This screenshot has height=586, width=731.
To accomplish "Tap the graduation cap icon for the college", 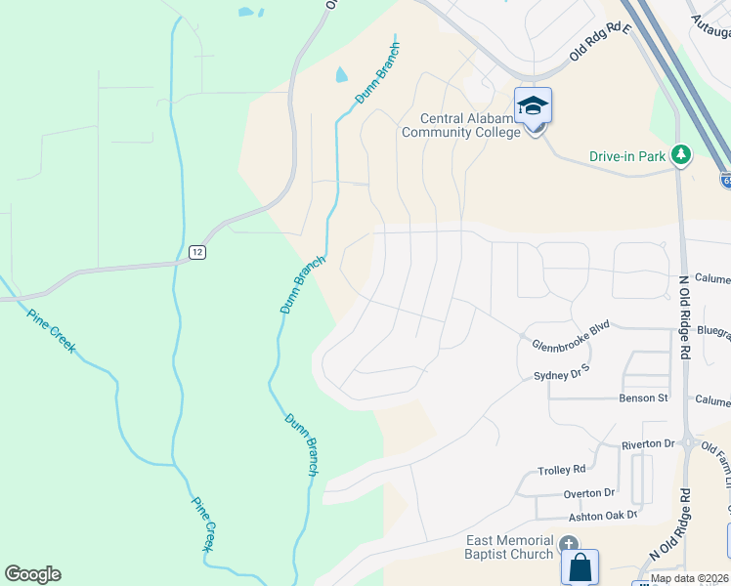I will pyautogui.click(x=534, y=105).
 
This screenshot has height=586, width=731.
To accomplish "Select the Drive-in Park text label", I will pyautogui.click(x=627, y=155).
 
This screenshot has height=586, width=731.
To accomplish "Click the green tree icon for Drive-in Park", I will pyautogui.click(x=682, y=154).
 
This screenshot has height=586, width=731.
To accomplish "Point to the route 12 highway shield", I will pyautogui.click(x=197, y=252).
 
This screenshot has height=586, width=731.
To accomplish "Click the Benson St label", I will pyautogui.click(x=643, y=398).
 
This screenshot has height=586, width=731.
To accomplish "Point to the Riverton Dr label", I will pyautogui.click(x=649, y=444).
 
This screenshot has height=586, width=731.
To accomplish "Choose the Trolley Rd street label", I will pyautogui.click(x=562, y=470).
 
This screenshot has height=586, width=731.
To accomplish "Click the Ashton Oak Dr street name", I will pyautogui.click(x=602, y=515).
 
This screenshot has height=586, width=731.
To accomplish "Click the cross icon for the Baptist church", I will pyautogui.click(x=568, y=543).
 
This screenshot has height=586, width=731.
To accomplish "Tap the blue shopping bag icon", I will pyautogui.click(x=580, y=566).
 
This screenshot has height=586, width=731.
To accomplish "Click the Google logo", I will pyautogui.click(x=32, y=574).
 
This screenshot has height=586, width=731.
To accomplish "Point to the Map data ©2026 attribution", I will pyautogui.click(x=690, y=578).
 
